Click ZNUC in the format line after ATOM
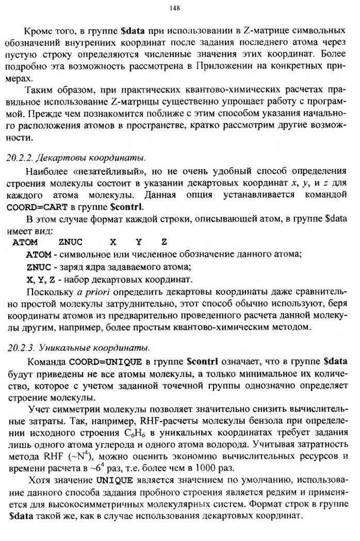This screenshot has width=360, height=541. (70, 241)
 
